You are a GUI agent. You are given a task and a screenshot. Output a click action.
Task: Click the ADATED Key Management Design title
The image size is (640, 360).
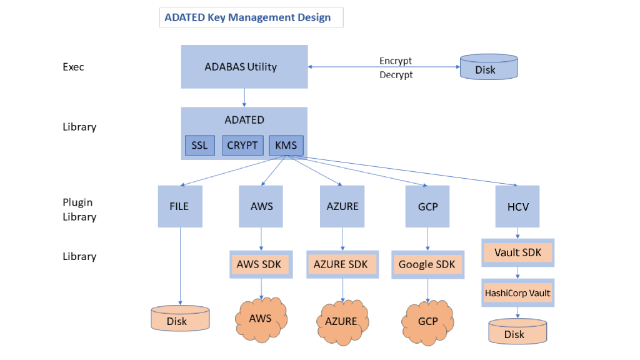tap(247, 17)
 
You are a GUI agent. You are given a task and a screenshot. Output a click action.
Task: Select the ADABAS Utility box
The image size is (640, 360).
tap(244, 67)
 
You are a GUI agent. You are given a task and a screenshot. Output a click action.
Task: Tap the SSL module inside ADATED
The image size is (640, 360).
tap(199, 146)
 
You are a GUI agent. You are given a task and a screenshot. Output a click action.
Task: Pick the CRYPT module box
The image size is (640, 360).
tap(242, 146)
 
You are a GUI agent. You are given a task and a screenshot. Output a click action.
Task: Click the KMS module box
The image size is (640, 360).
tap(286, 146)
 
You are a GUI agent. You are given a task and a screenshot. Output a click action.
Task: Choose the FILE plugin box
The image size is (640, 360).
tap(180, 206)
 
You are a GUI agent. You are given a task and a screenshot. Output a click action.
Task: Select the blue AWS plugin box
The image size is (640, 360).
tap(261, 206)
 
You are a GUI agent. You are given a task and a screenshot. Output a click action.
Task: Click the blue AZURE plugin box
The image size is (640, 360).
tap(342, 206)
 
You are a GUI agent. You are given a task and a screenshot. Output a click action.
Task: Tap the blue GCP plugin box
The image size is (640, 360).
tap(427, 206)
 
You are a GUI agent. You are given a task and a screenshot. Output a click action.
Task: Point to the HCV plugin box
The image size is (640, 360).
tap(517, 206)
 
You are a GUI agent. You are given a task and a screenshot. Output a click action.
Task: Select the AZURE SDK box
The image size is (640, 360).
tap(341, 264)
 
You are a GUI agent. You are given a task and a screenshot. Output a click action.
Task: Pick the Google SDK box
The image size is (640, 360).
tap(427, 264)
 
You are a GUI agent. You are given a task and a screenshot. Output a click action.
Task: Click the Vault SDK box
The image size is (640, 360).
tap(517, 253)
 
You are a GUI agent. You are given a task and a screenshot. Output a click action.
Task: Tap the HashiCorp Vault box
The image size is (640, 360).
tap(517, 292)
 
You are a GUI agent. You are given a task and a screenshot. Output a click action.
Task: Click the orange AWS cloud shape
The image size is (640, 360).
tap(261, 319)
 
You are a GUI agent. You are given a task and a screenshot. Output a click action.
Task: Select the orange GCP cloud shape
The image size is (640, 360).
tap(427, 321)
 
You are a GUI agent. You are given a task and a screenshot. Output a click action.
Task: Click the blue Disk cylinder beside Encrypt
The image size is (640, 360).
tap(488, 67)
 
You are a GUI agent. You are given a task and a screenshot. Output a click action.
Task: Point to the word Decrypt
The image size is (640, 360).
tap(396, 75)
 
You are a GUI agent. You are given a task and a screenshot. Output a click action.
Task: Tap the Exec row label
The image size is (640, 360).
tap(73, 67)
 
